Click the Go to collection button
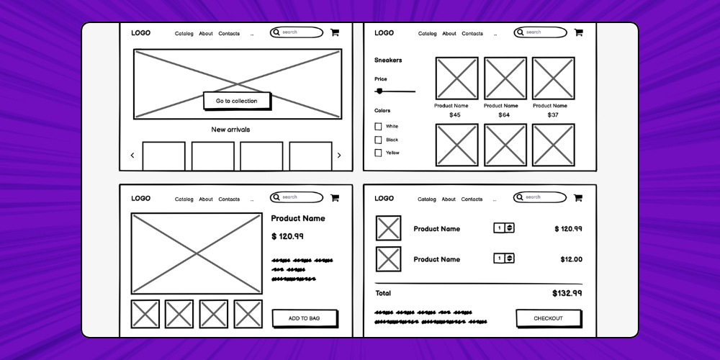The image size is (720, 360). click(x=236, y=101)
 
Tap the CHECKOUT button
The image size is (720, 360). click(x=548, y=318)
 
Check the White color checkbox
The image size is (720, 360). click(x=378, y=127)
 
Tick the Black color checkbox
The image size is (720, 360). click(x=378, y=140)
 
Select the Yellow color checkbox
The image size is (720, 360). click(x=378, y=153)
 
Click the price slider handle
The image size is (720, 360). click(x=379, y=91)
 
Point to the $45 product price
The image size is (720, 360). click(x=455, y=115)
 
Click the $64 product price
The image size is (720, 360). click(x=504, y=115)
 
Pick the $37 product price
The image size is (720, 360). click(x=553, y=115)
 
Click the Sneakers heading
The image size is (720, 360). click(x=388, y=60)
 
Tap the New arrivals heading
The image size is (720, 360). click(x=230, y=130)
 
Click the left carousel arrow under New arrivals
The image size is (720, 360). click(x=132, y=156)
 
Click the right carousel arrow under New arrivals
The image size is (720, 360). click(x=339, y=156)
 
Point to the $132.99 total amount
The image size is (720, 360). click(x=567, y=294)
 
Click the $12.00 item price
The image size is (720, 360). click(x=571, y=259)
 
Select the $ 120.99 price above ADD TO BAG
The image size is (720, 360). click(x=287, y=236)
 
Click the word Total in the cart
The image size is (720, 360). click(x=383, y=294)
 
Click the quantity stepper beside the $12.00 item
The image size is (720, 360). click(x=504, y=258)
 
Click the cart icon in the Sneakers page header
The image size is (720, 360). click(x=578, y=32)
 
